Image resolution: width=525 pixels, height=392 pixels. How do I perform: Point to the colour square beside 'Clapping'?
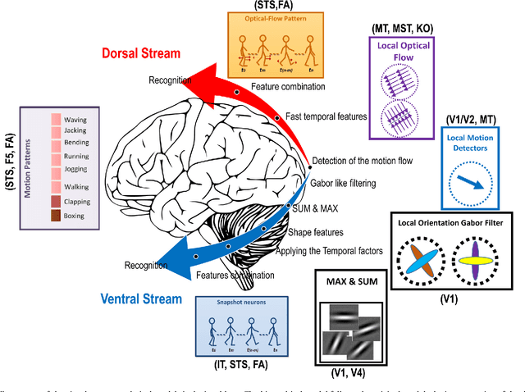coord(57,201)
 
